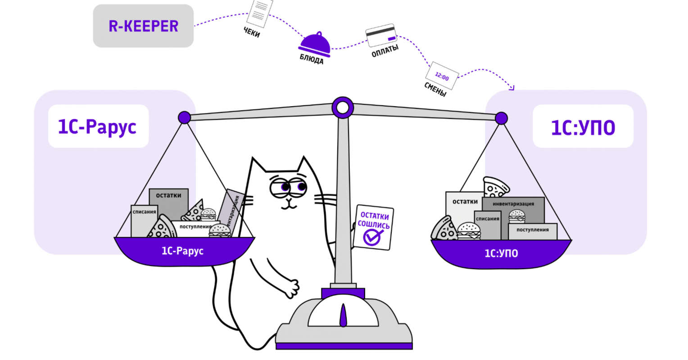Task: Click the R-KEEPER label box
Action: (x=143, y=26)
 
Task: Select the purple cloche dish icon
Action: (x=315, y=45)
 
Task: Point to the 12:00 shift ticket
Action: (x=442, y=76)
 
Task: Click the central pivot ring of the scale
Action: (x=343, y=108)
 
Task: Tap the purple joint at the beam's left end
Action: (x=184, y=117)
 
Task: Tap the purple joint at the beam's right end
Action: (x=501, y=118)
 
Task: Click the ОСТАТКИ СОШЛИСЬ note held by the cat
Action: (x=373, y=227)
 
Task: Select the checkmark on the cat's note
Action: (x=372, y=237)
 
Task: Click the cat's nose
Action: (x=289, y=200)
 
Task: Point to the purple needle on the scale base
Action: (x=344, y=315)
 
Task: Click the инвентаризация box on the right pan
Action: (x=513, y=210)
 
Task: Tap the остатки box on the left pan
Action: (x=168, y=203)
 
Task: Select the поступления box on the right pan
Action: (x=533, y=231)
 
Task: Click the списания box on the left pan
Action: (x=144, y=221)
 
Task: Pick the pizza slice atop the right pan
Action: (x=495, y=187)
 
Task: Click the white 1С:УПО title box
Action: (x=583, y=126)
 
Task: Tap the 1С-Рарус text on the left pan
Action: (x=182, y=251)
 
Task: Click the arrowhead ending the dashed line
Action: (x=511, y=88)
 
